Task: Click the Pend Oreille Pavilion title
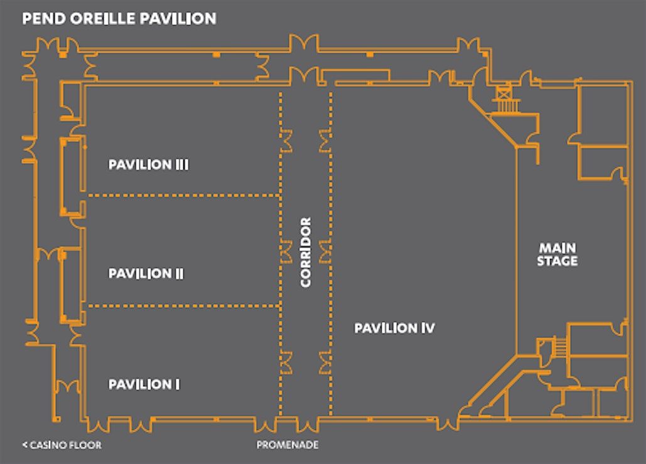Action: [119, 19]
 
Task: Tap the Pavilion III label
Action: [148, 164]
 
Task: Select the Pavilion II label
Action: [146, 273]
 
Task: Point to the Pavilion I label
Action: [144, 384]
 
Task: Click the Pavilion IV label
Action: [395, 328]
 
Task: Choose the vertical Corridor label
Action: [306, 252]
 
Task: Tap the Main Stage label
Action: [557, 254]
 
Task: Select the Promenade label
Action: [288, 445]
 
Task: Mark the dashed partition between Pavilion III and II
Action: [184, 196]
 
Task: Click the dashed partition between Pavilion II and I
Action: [184, 305]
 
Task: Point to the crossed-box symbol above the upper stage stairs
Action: [503, 93]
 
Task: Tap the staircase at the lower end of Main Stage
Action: [560, 346]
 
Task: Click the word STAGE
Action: [557, 261]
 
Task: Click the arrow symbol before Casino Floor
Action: [24, 445]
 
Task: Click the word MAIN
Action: [558, 248]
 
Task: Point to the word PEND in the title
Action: [44, 19]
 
